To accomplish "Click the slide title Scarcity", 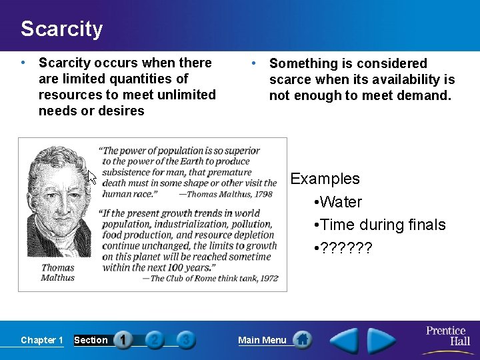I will pyautogui.click(x=61, y=29).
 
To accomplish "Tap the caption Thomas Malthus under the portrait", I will pyautogui.click(x=58, y=272).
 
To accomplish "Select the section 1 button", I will pyautogui.click(x=123, y=340).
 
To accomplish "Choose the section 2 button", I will pyautogui.click(x=155, y=340).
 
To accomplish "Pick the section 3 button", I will pyautogui.click(x=186, y=340).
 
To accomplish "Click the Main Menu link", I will pyautogui.click(x=262, y=340).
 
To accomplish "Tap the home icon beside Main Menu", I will pyautogui.click(x=302, y=340).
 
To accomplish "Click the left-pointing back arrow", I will pyautogui.click(x=345, y=341).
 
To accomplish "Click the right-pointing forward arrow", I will pyautogui.click(x=382, y=341).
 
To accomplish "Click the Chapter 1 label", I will pyautogui.click(x=42, y=340).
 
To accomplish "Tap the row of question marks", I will pyautogui.click(x=346, y=248).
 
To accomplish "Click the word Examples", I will pyautogui.click(x=325, y=179).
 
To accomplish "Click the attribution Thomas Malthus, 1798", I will pyautogui.click(x=226, y=195).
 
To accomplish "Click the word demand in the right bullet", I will pyautogui.click(x=427, y=95).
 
